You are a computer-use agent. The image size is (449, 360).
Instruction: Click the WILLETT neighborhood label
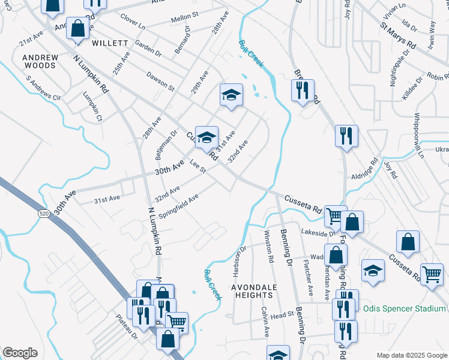point(110,43)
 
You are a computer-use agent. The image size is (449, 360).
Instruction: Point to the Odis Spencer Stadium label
point(405,309)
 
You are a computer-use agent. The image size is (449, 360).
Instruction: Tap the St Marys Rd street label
point(397,36)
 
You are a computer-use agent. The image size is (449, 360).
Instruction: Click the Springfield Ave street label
point(178,206)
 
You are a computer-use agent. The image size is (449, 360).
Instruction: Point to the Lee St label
point(198,166)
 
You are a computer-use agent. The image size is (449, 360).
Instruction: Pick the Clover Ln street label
point(133,22)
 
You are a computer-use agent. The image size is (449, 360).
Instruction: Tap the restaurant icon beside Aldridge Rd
point(346,136)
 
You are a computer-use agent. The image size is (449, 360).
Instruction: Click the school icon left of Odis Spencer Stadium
point(373,270)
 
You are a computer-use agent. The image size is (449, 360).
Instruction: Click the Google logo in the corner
point(20,353)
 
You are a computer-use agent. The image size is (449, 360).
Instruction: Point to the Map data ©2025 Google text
point(411,355)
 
